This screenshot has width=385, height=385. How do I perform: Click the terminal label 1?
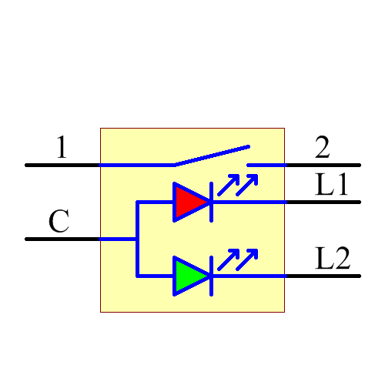pos(62,147)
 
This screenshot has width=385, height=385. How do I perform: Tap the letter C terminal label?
pos(59,222)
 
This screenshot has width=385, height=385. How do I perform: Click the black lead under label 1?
pos(62,165)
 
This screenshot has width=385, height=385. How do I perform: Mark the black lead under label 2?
pos(323,165)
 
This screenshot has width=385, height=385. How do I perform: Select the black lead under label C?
pos(62,239)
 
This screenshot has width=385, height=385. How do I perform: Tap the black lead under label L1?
pos(323,202)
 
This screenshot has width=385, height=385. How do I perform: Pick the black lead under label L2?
pos(323,276)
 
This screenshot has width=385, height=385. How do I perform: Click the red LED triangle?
pos(187,202)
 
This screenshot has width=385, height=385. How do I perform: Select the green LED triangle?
pos(187,276)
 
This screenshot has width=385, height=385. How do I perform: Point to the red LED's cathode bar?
pos(211,202)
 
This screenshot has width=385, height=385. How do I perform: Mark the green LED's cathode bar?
pos(211,276)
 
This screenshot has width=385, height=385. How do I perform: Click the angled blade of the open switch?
pos(212,155)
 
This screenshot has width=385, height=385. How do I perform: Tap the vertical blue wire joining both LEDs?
pos(137,239)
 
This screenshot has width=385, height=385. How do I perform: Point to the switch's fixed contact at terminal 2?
pos(266,165)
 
